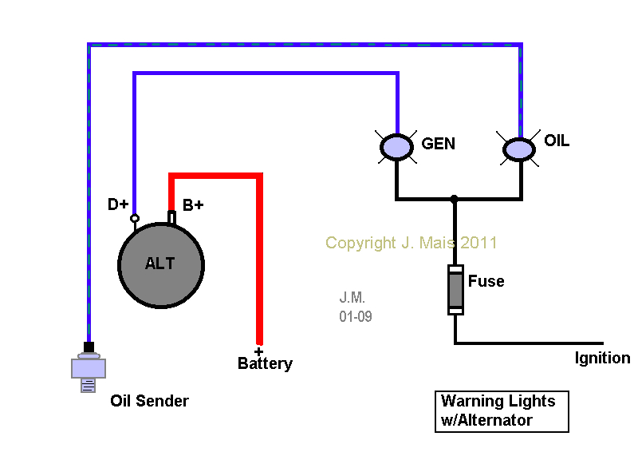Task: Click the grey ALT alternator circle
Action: pyautogui.click(x=160, y=264)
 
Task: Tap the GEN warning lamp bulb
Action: pyautogui.click(x=394, y=147)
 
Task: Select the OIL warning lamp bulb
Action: pyautogui.click(x=519, y=149)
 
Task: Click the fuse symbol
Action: pyautogui.click(x=455, y=289)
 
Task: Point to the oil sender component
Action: pyautogui.click(x=89, y=368)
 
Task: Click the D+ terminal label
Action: pyautogui.click(x=118, y=204)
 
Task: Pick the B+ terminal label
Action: pyautogui.click(x=193, y=205)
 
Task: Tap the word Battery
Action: pyautogui.click(x=265, y=364)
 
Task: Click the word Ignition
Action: pyautogui.click(x=602, y=358)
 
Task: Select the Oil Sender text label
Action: pyautogui.click(x=149, y=401)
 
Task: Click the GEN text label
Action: pyautogui.click(x=438, y=145)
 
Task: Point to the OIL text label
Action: pyautogui.click(x=557, y=141)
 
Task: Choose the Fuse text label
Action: pyautogui.click(x=486, y=281)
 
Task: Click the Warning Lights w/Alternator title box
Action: pyautogui.click(x=502, y=410)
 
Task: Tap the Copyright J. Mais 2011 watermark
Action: pyautogui.click(x=411, y=242)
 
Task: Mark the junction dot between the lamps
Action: pyautogui.click(x=454, y=198)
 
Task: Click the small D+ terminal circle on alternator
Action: pyautogui.click(x=135, y=218)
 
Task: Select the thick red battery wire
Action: pyautogui.click(x=258, y=256)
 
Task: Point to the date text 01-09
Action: pyautogui.click(x=355, y=316)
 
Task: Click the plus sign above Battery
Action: pyautogui.click(x=258, y=351)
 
